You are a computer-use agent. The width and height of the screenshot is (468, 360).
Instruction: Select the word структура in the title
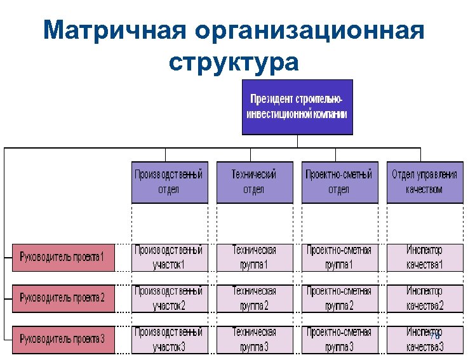tap(234, 62)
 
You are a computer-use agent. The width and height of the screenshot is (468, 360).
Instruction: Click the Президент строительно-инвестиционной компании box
tap(297, 107)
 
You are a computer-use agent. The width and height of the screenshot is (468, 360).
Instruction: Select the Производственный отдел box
tap(170, 182)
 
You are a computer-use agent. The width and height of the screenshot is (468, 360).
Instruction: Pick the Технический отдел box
tap(254, 182)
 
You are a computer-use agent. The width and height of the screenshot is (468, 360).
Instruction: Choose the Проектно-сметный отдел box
tap(338, 182)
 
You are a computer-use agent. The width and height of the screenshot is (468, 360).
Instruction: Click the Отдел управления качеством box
tap(424, 182)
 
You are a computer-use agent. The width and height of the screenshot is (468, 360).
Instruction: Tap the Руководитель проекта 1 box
tap(62, 257)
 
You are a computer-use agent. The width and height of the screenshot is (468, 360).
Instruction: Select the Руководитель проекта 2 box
tap(62, 297)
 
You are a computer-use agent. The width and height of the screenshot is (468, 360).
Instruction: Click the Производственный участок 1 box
tap(170, 257)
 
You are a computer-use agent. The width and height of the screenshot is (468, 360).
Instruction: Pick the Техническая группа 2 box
tap(254, 298)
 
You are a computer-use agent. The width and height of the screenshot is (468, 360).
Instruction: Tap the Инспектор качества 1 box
tap(424, 257)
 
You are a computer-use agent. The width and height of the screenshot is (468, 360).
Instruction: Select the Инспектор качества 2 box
tap(424, 298)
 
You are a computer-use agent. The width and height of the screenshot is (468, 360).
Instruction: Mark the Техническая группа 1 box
tap(254, 257)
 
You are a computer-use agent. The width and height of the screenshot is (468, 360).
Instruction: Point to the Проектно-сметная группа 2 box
tap(338, 298)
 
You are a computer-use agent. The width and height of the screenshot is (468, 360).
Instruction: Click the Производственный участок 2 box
tap(170, 298)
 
